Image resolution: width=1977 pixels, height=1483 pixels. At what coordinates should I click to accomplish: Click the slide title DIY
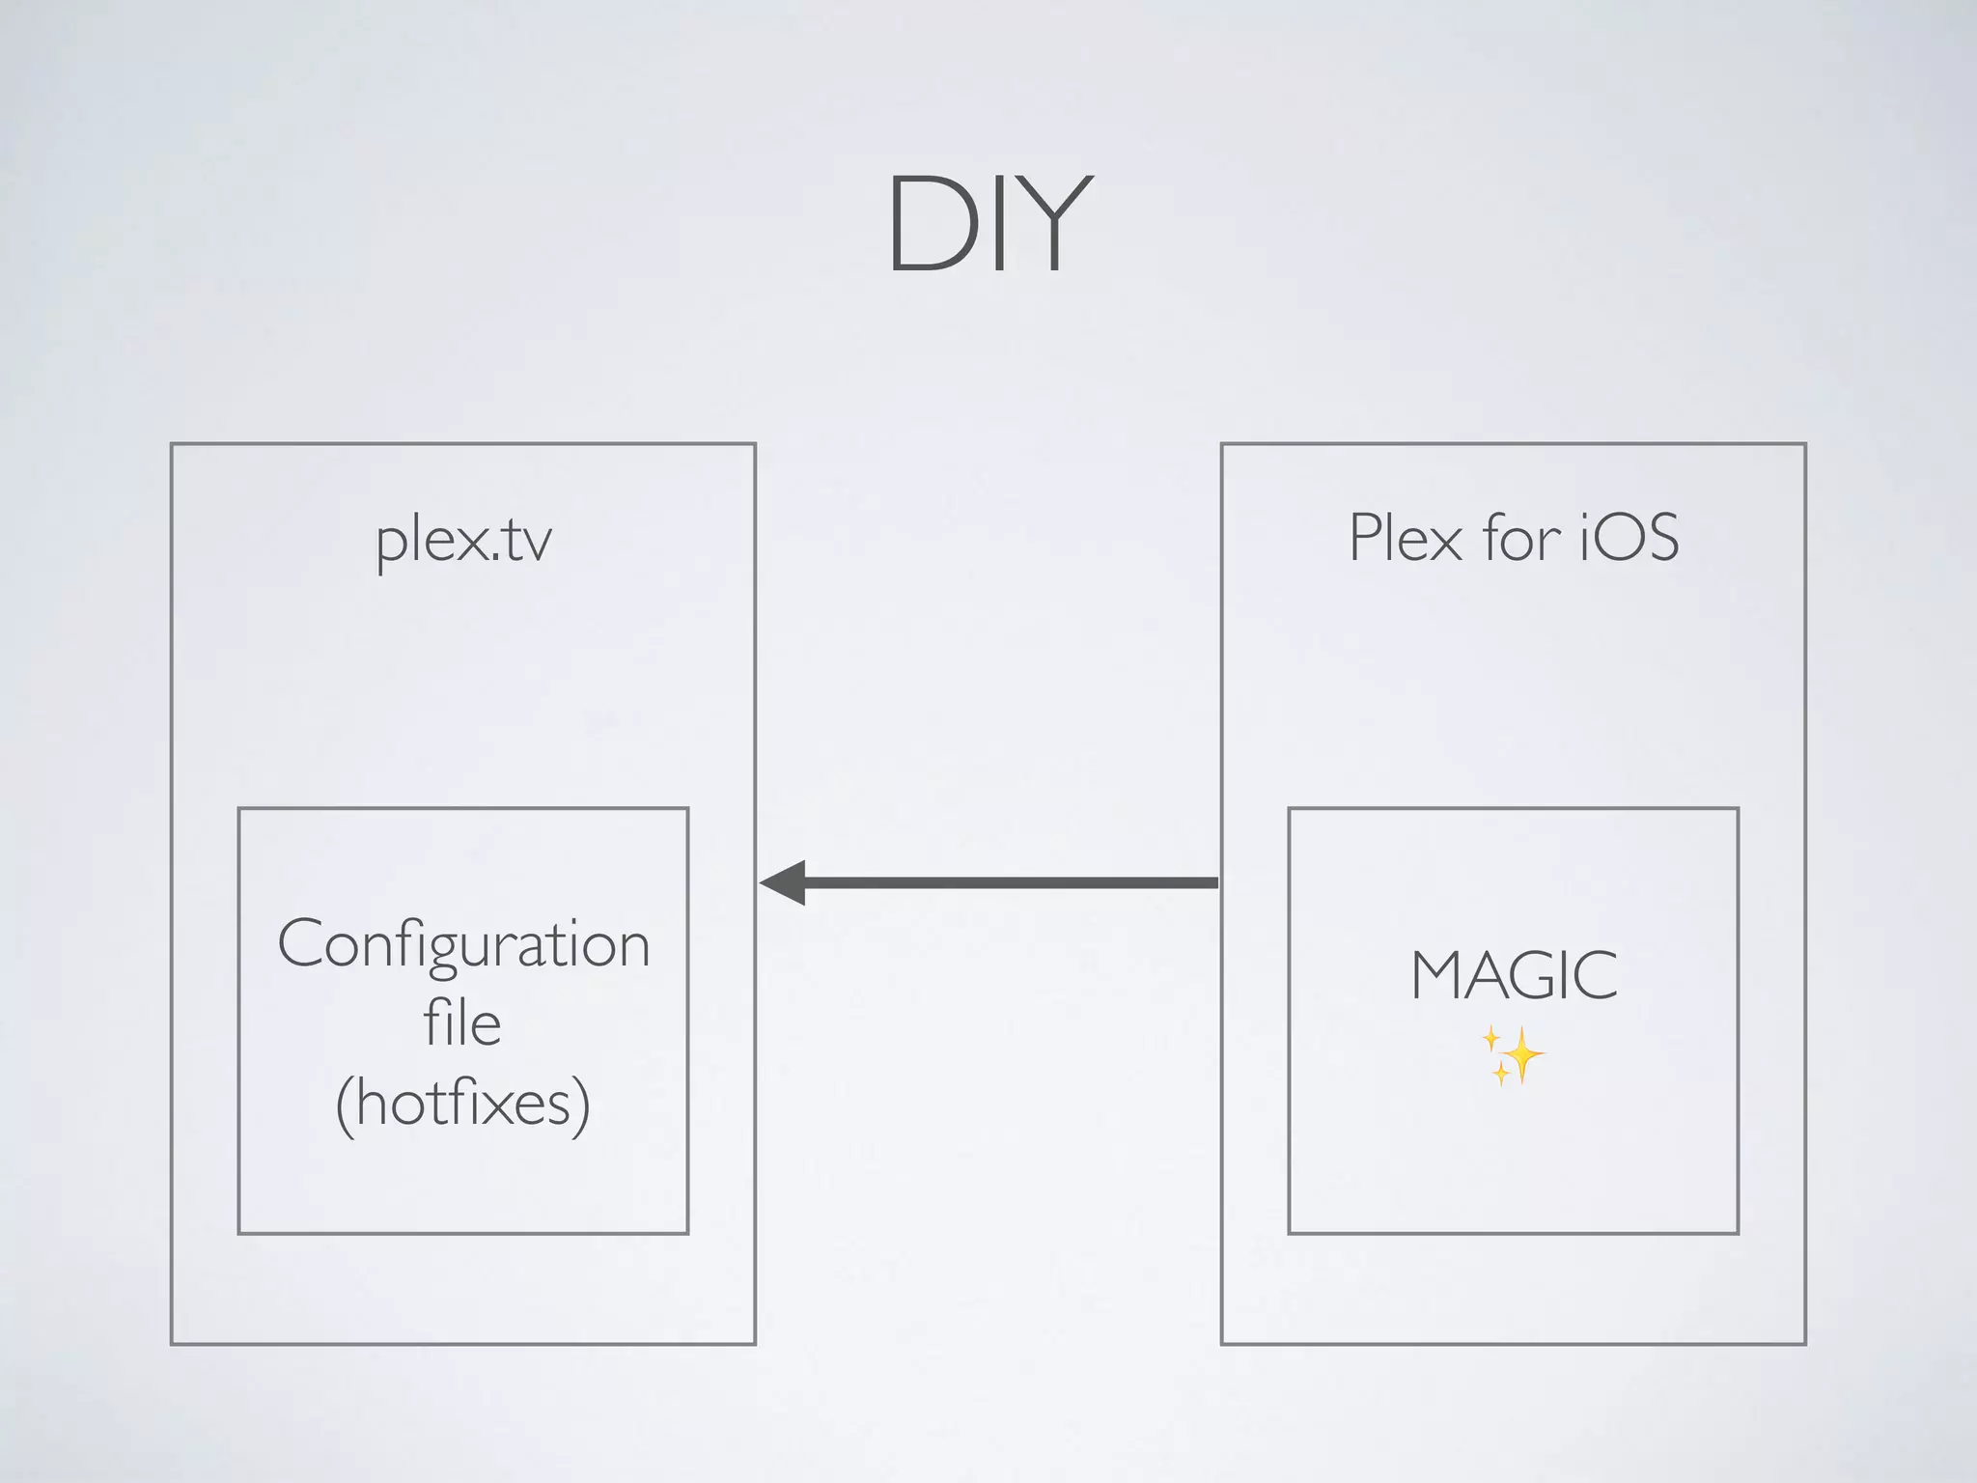[989, 224]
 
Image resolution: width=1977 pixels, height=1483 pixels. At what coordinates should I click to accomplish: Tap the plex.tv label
[463, 541]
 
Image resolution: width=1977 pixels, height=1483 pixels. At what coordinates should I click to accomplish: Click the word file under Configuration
[462, 1023]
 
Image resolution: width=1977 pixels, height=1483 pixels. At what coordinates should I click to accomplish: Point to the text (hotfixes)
[463, 1104]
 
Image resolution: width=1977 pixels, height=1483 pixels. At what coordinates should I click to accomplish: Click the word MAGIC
[1514, 976]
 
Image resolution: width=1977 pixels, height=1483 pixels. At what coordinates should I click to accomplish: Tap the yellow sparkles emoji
[1514, 1055]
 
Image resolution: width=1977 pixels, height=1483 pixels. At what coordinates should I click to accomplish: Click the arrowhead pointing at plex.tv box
[784, 882]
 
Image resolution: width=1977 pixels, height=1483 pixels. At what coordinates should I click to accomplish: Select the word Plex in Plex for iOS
[1406, 538]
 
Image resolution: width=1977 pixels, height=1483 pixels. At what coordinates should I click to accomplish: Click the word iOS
[1629, 538]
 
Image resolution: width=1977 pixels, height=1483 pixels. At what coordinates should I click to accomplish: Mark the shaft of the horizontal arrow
[1009, 882]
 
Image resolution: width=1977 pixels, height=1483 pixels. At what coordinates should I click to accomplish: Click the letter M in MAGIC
[1440, 976]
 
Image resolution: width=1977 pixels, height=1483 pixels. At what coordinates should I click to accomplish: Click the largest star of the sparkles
[1522, 1053]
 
